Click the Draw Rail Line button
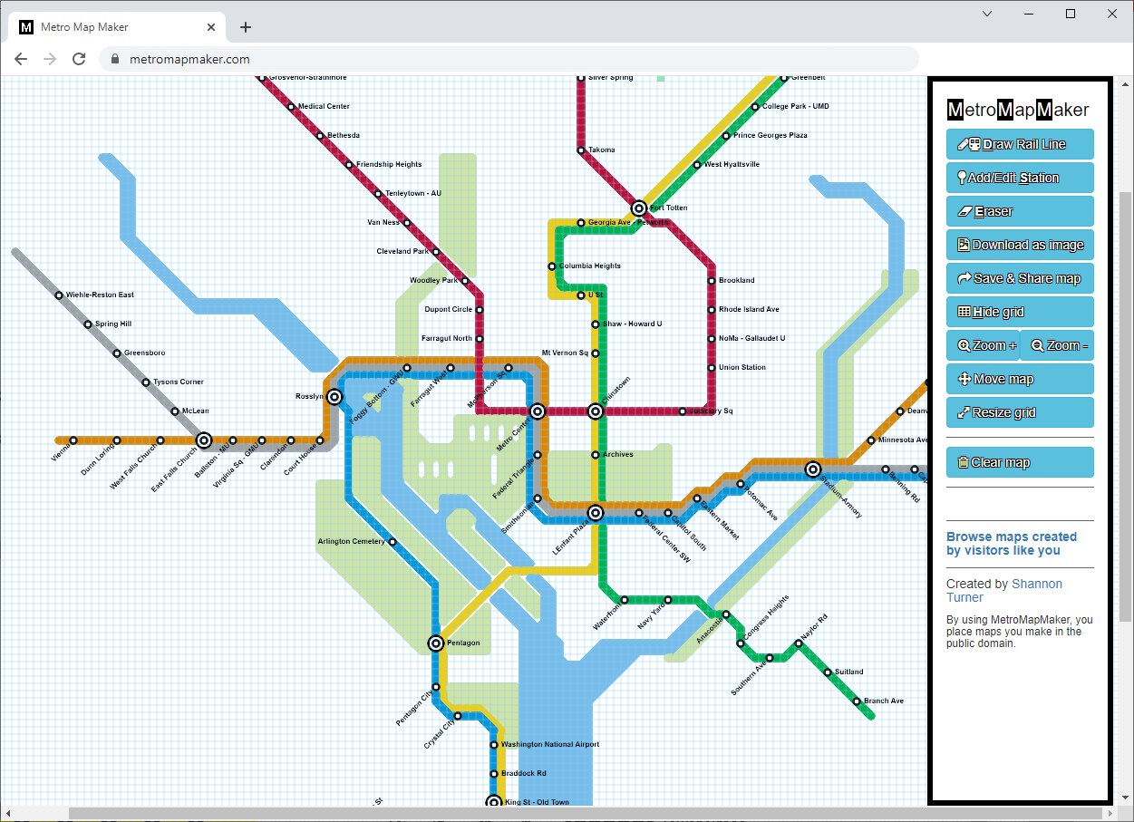coord(1020,144)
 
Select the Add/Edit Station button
coord(1020,178)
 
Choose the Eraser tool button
coord(1020,211)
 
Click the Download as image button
coord(1020,245)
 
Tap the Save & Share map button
coord(1020,278)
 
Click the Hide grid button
coord(1020,312)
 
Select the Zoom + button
coord(982,345)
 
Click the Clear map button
coord(1020,462)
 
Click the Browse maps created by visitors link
coord(1011,544)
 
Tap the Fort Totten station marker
coord(639,208)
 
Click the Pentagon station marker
coord(436,643)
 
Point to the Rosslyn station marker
coord(334,397)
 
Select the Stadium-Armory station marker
coord(813,469)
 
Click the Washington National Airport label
coord(550,745)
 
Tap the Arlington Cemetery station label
coord(351,542)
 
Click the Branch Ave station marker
coord(857,701)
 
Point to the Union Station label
coord(741,368)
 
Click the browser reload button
coord(79,59)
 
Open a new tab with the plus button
coord(246,27)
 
